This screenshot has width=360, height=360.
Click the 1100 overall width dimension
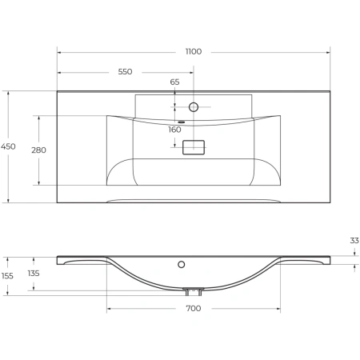click(193, 51)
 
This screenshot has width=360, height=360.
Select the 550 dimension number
click(125, 72)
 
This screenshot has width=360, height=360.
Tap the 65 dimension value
click(174, 82)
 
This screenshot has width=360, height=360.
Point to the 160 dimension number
click(174, 130)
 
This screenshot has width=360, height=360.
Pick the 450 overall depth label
click(8, 146)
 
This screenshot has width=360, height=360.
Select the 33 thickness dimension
click(354, 239)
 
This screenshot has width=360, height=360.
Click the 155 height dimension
click(8, 276)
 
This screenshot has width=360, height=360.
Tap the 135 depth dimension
click(34, 273)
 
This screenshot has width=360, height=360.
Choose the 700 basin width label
click(193, 307)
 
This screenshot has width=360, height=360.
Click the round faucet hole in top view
click(193, 106)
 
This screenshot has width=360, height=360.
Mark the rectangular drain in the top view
click(194, 147)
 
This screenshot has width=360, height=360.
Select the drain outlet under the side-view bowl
click(193, 290)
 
